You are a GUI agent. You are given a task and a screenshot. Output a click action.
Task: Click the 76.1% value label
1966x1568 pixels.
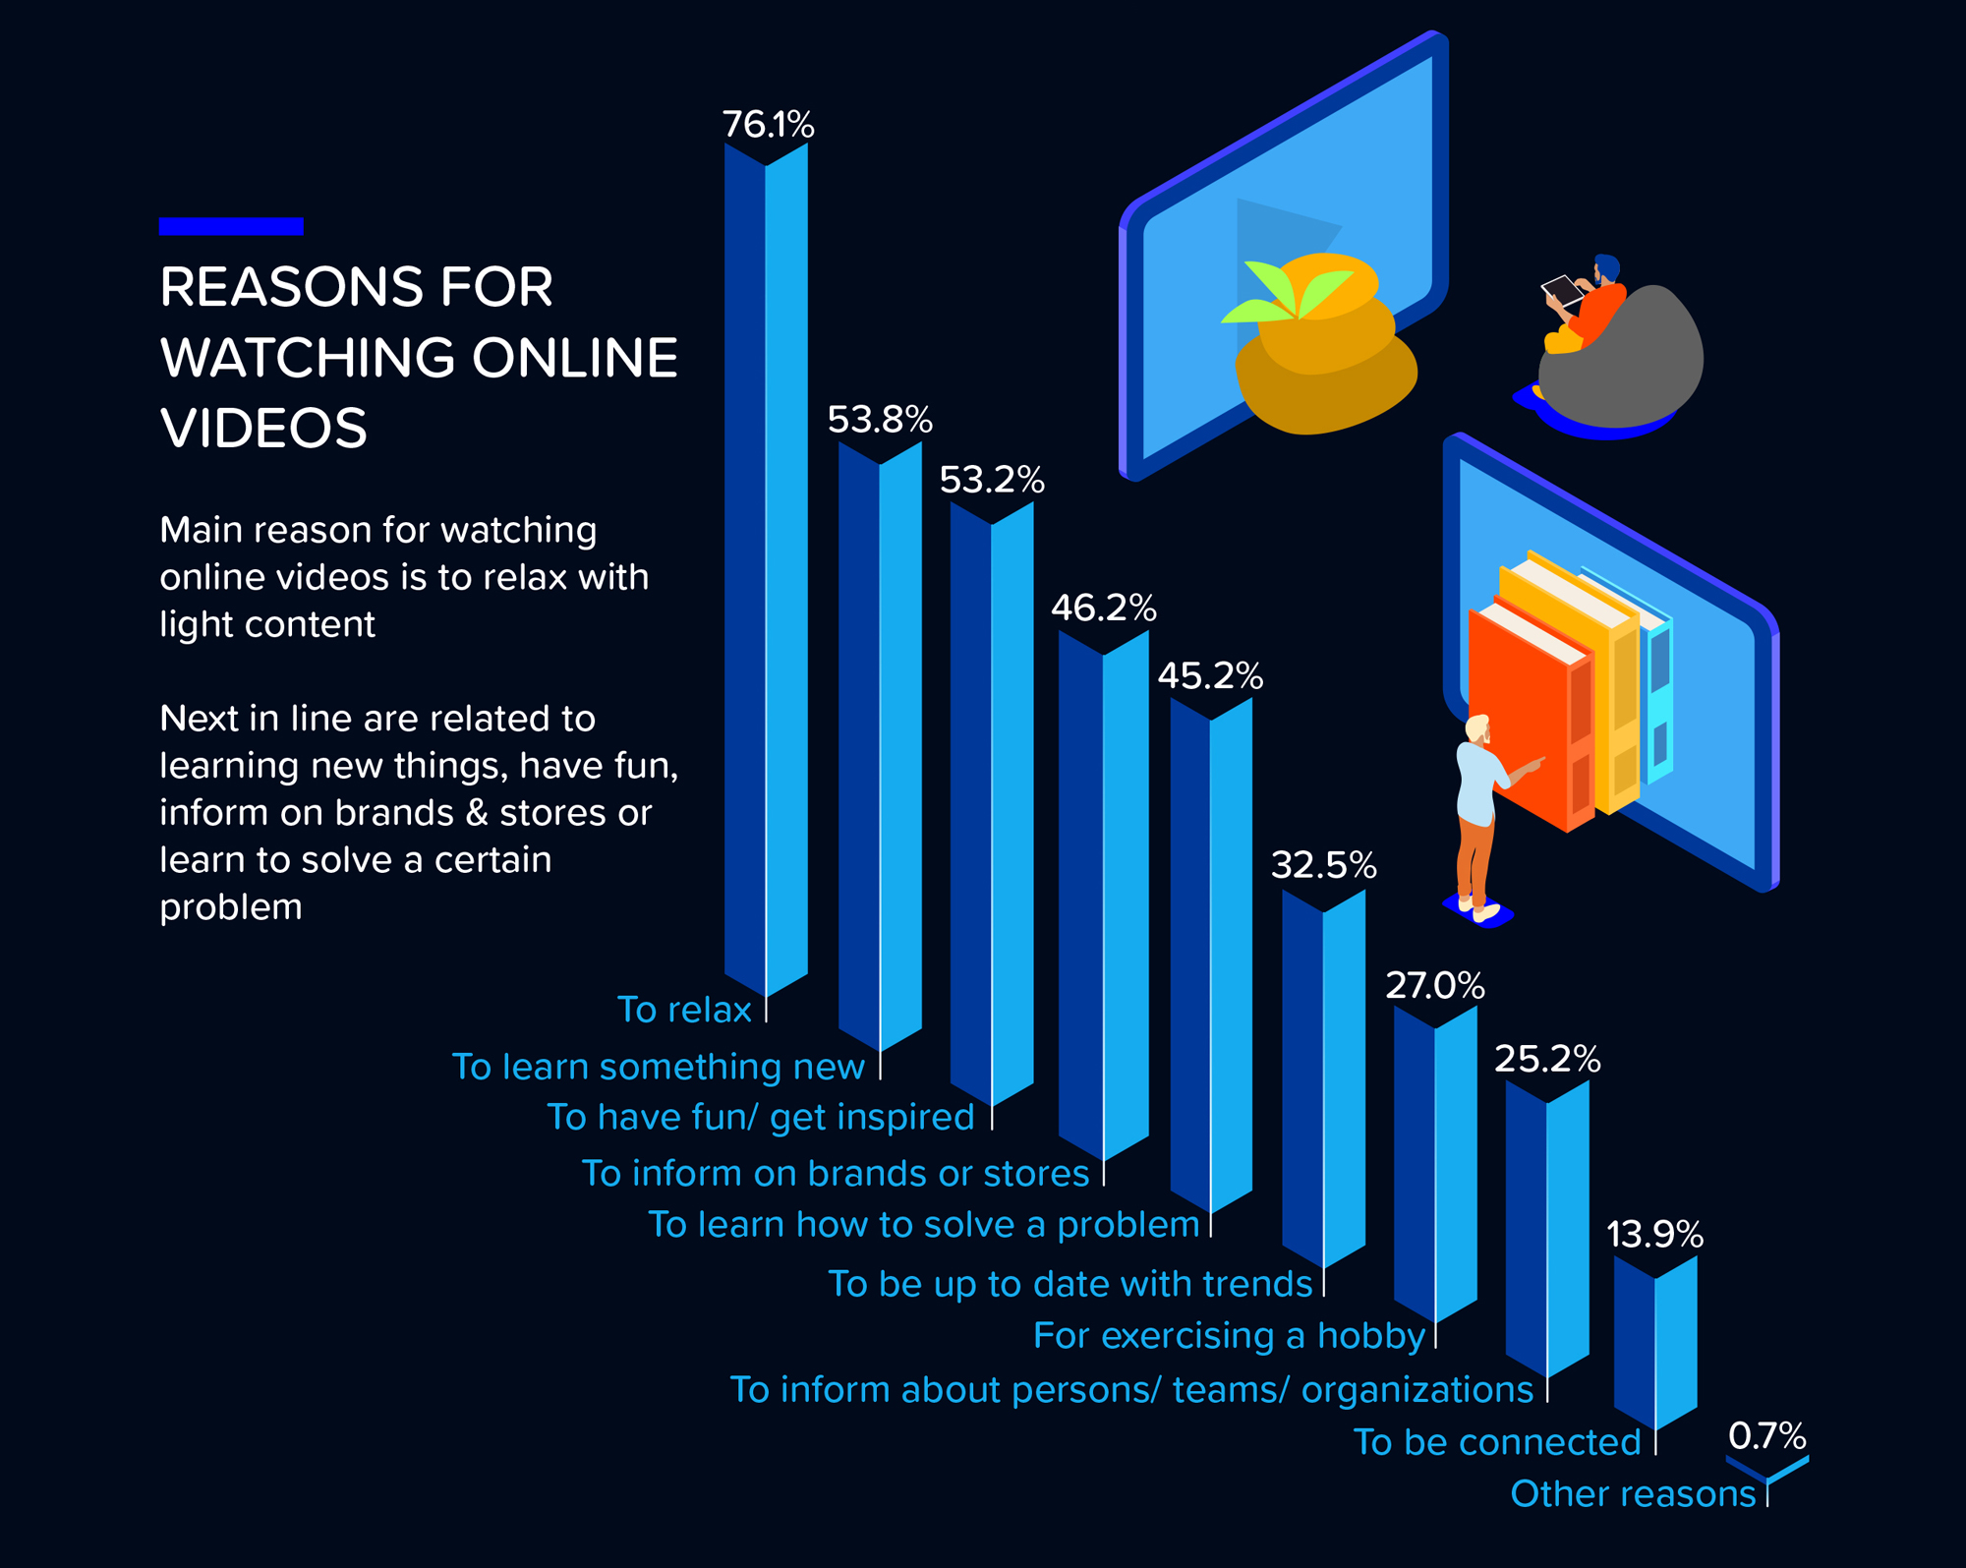tap(768, 125)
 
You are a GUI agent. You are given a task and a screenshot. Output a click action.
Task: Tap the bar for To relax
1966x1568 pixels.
tap(767, 570)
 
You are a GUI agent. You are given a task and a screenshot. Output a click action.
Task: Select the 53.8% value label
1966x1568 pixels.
tap(879, 420)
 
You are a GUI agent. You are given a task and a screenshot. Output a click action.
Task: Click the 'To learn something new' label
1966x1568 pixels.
tap(658, 1067)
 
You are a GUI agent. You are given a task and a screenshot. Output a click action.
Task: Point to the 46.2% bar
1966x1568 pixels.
tap(1104, 895)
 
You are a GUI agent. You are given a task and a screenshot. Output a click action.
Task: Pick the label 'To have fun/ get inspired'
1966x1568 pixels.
tap(760, 1118)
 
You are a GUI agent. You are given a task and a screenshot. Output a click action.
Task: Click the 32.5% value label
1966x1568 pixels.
tap(1323, 865)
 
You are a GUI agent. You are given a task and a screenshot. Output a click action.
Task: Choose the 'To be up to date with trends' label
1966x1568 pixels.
tap(1070, 1284)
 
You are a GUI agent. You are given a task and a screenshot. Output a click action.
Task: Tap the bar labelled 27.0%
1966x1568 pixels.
tap(1435, 1165)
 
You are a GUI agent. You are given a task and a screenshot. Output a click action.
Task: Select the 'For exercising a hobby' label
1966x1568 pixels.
tap(1229, 1336)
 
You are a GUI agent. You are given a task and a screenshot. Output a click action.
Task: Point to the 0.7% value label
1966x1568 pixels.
tap(1766, 1436)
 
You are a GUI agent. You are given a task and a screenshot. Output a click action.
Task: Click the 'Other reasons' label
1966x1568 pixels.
tap(1633, 1494)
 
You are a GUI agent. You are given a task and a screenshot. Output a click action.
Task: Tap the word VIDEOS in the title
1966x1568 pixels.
tap(263, 429)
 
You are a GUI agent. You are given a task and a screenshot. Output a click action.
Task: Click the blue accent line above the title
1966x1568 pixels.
tap(231, 226)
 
